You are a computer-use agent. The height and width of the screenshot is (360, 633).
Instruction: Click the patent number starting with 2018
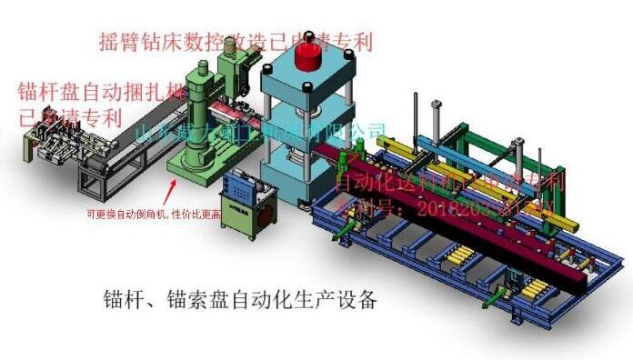coord(473,207)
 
